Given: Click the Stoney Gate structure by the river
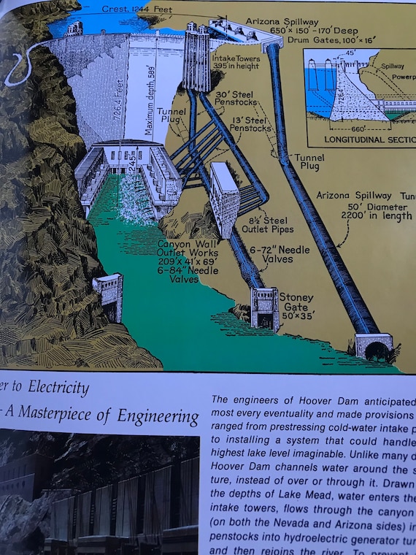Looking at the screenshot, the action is click(263, 307).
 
